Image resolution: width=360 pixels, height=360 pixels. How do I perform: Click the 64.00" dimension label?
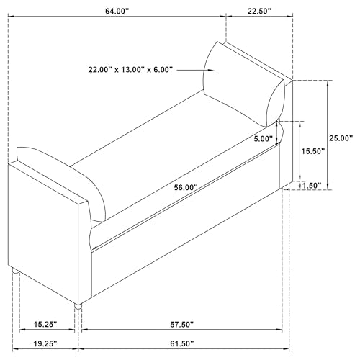tap(117, 12)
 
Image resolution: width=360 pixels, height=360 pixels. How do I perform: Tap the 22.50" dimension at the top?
tap(259, 12)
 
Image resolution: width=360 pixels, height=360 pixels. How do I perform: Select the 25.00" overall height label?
tap(341, 138)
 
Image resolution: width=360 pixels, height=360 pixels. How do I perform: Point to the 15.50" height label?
tap(313, 151)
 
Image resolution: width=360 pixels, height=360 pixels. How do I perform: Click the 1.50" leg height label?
tap(312, 186)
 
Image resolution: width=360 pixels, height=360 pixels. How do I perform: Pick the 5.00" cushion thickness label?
tap(264, 139)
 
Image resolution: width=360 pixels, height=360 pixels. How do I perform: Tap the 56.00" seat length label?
tap(186, 187)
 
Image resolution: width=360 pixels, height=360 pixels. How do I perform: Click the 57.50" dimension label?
tap(181, 325)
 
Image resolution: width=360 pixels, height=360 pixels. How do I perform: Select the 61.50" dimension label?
tap(181, 343)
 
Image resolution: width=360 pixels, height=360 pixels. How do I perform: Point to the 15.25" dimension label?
tap(45, 325)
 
